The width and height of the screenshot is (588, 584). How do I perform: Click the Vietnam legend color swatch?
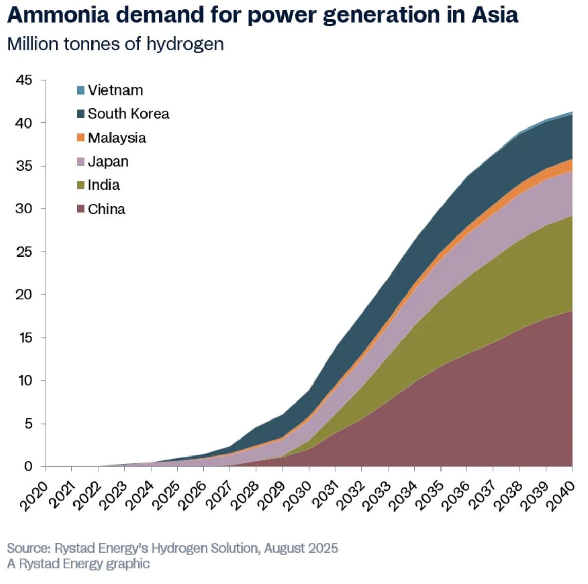(x=80, y=90)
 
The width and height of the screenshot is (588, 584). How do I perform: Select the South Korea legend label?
(x=128, y=114)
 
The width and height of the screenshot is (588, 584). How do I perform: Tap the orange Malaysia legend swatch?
(x=80, y=138)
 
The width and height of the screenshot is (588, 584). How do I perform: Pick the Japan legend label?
(x=108, y=161)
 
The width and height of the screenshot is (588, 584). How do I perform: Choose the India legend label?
(x=103, y=185)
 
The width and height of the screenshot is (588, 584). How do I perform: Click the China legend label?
(x=106, y=209)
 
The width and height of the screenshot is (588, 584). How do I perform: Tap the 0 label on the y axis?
(x=28, y=467)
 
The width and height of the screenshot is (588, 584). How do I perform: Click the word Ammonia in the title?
(x=58, y=15)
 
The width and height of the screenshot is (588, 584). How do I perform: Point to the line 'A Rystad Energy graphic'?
(x=78, y=563)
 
